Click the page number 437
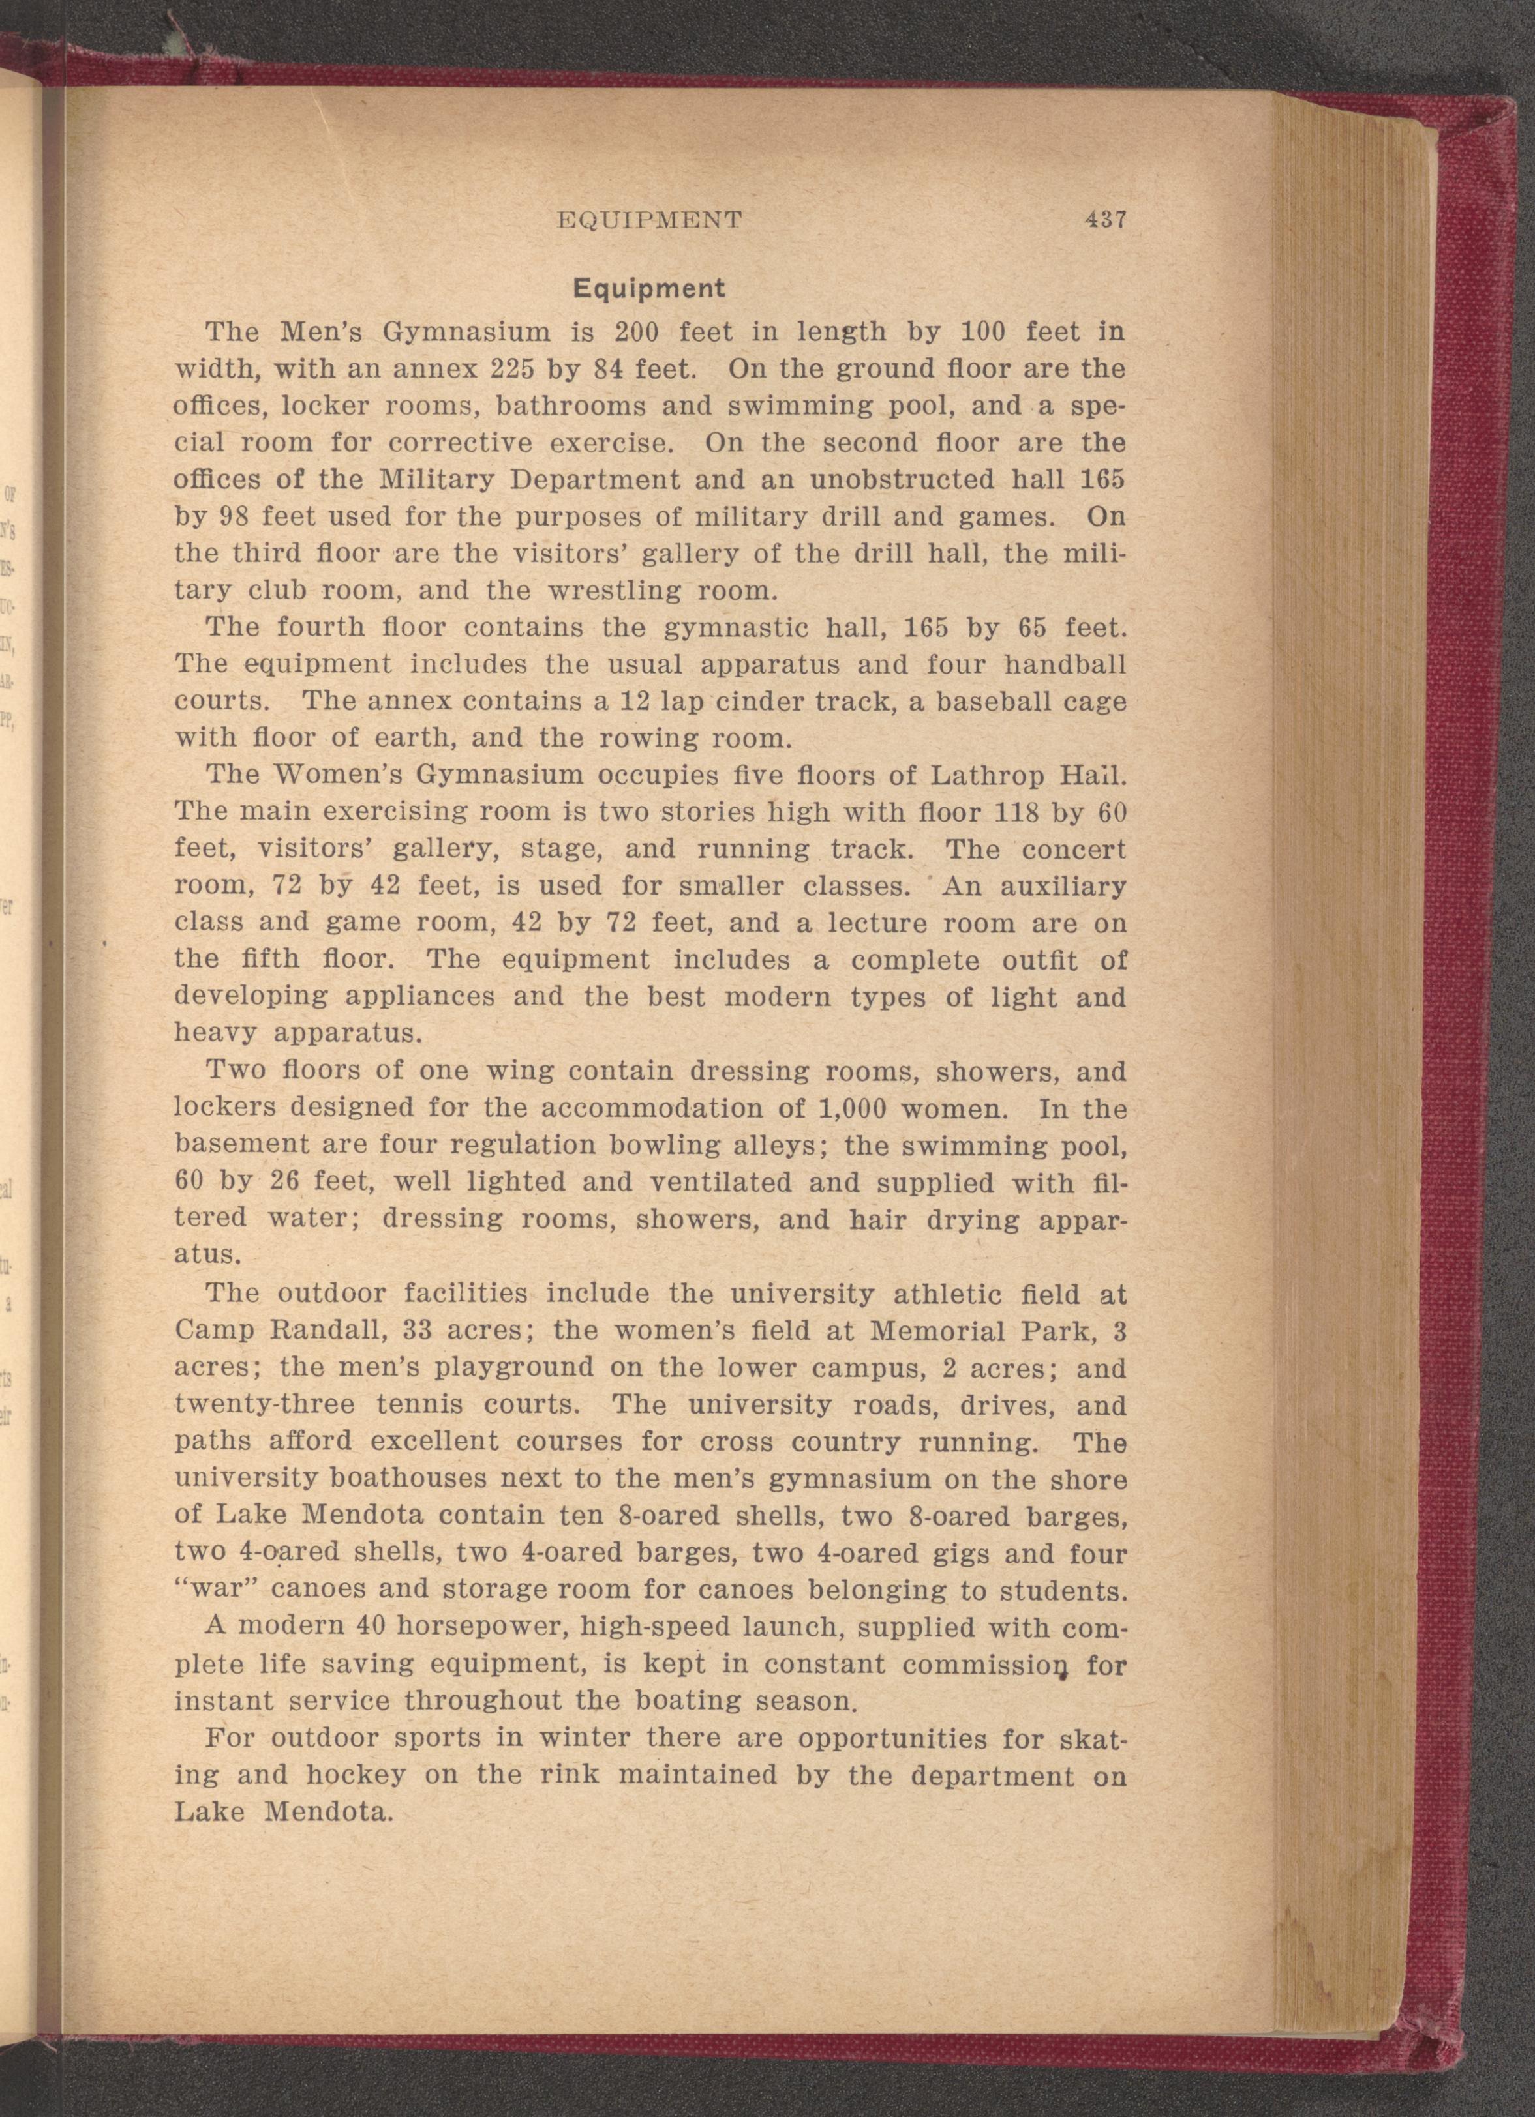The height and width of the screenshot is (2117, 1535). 1106,220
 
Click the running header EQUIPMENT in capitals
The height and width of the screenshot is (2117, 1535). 649,220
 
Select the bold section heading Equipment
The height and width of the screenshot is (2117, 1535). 649,288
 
